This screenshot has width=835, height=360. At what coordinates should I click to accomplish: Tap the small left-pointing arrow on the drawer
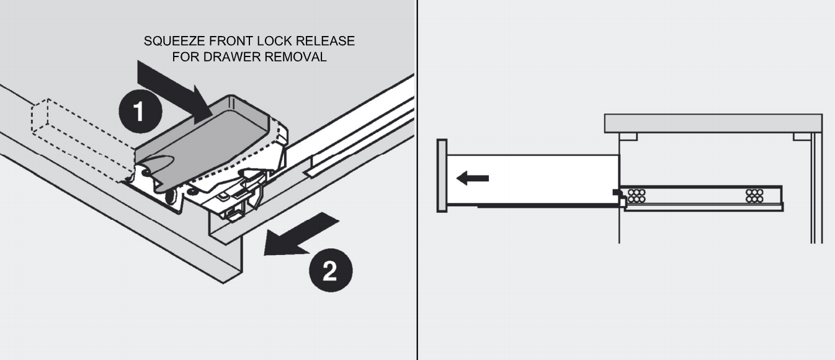pos(472,179)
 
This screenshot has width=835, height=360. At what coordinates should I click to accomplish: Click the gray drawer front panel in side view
pos(442,176)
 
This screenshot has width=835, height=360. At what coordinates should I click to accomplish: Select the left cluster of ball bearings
pos(636,196)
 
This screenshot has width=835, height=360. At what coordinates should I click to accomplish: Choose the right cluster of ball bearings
pos(754,196)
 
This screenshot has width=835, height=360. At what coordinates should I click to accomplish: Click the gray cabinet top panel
pos(713,123)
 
